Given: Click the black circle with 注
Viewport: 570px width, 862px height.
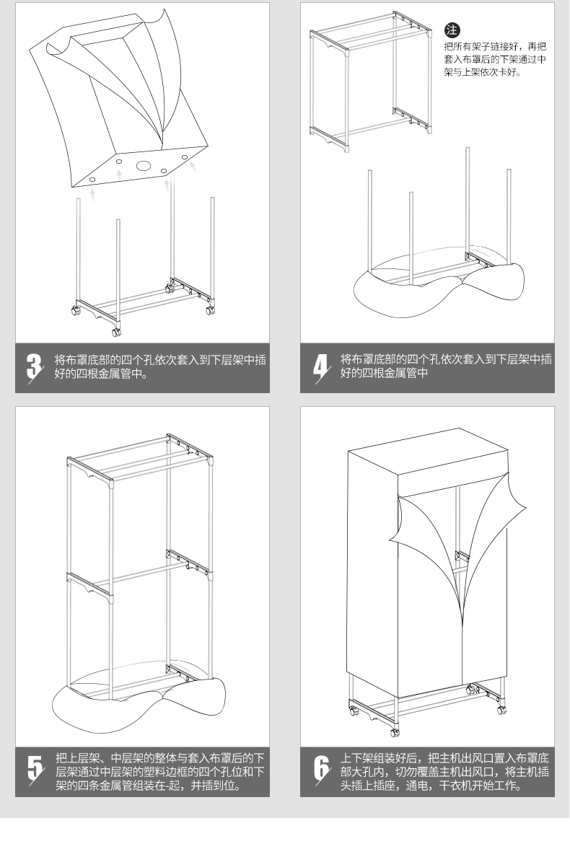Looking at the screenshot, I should (452, 30).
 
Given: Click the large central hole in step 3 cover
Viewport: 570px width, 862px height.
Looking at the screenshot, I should (144, 167).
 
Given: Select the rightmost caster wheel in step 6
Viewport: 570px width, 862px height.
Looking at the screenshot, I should (499, 708).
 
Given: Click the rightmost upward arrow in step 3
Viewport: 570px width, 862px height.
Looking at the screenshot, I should (193, 167).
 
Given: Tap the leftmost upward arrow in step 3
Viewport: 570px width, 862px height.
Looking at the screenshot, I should (92, 193).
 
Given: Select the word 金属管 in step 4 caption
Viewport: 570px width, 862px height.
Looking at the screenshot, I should (399, 373).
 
